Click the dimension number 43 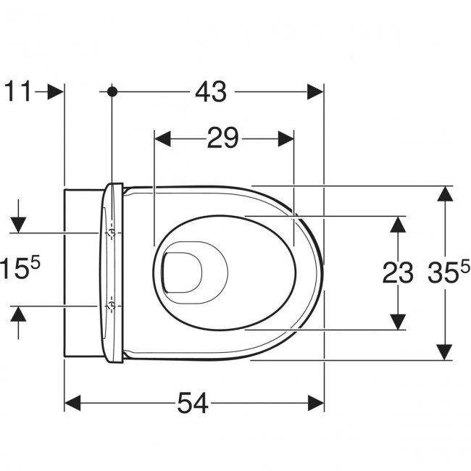coord(211,91)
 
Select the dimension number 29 coord(222,138)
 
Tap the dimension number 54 coord(193,403)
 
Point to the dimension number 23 coord(397,272)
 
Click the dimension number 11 coord(18,91)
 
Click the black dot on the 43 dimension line coord(112,91)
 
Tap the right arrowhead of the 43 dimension coord(315,91)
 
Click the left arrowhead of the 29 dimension coord(162,139)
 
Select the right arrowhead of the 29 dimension coord(285,139)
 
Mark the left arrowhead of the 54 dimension coord(72,403)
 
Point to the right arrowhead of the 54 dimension coord(316,403)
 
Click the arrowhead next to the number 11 coord(56,91)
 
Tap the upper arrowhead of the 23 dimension coord(398,225)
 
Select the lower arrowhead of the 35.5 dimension coord(445,351)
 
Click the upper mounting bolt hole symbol coord(112,233)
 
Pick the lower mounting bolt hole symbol coord(112,307)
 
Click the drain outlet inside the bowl coord(182,272)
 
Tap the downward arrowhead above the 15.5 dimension coord(18,225)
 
